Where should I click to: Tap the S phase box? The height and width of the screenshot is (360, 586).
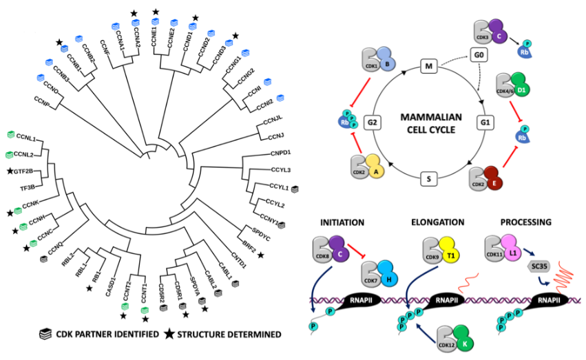pyautogui.click(x=429, y=180)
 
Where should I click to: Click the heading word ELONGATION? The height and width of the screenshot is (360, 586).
pyautogui.click(x=437, y=222)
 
